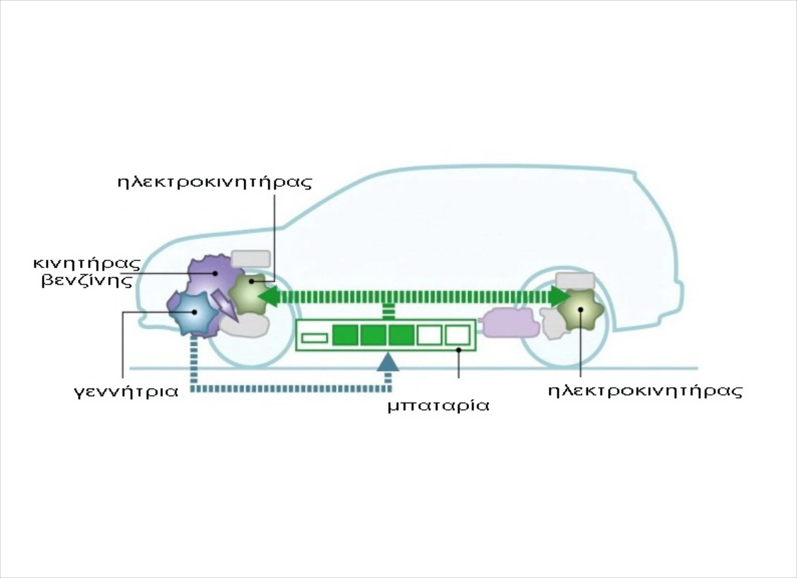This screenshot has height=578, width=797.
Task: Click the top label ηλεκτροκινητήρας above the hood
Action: tap(215, 183)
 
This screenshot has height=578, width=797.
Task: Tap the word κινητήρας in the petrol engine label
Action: tap(87, 264)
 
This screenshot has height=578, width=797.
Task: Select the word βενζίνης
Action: tap(87, 281)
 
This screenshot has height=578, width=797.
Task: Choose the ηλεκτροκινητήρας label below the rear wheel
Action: tap(645, 391)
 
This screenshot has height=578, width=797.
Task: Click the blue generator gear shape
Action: tap(194, 312)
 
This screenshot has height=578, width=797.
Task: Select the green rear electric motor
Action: tap(581, 310)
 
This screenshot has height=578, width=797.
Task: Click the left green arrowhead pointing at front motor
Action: tap(268, 296)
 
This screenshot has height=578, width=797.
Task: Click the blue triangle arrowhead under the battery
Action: tap(388, 362)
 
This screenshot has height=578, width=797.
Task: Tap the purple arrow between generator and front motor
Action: tap(226, 305)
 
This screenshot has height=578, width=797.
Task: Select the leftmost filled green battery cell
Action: tap(345, 335)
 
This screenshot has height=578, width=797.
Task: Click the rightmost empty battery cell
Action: tap(457, 335)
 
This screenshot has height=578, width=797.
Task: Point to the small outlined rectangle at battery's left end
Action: tap(314, 338)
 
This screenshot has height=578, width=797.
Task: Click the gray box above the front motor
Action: tap(250, 259)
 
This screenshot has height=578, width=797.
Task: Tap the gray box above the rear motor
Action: tap(575, 281)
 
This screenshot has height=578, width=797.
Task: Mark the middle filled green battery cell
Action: tap(373, 335)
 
